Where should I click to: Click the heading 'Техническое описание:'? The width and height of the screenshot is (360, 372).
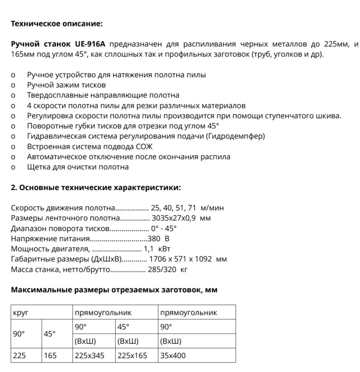point(57,24)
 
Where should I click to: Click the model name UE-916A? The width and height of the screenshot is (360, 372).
point(90,44)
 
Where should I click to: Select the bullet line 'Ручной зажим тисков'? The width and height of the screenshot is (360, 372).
point(66,85)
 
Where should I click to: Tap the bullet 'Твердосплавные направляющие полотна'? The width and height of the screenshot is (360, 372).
point(103,95)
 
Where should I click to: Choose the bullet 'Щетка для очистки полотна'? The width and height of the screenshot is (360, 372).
point(78,167)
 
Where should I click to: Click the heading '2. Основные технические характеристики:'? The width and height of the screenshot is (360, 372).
point(96,188)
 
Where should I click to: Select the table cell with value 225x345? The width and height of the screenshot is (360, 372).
point(89,356)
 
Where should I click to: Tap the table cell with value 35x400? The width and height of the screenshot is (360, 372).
point(173,356)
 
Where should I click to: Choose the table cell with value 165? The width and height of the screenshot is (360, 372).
point(50,356)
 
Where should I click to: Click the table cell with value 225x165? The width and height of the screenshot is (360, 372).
point(132,356)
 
